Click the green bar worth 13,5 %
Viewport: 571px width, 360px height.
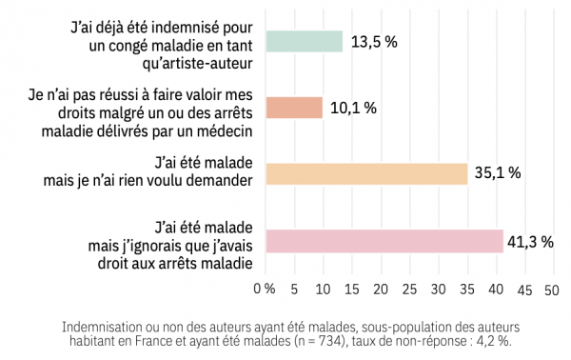click(304, 41)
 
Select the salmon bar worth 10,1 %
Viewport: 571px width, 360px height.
click(294, 108)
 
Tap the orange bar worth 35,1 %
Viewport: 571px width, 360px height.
click(366, 173)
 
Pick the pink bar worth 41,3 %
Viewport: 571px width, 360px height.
click(384, 242)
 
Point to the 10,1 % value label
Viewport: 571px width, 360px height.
click(354, 108)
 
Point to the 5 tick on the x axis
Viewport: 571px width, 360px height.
click(295, 288)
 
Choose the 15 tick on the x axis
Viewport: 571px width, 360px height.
click(351, 288)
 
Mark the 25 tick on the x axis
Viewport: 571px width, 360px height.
click(409, 288)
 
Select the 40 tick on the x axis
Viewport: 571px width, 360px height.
click(495, 288)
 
